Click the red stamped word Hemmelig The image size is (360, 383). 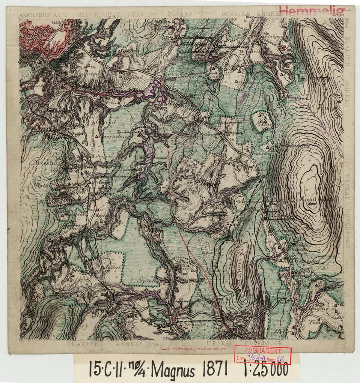click(x=312, y=11)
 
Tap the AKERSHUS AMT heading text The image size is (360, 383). click(x=42, y=15)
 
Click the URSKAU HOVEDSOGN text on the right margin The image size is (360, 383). click(x=348, y=210)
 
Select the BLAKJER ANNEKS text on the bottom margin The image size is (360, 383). click(x=104, y=343)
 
